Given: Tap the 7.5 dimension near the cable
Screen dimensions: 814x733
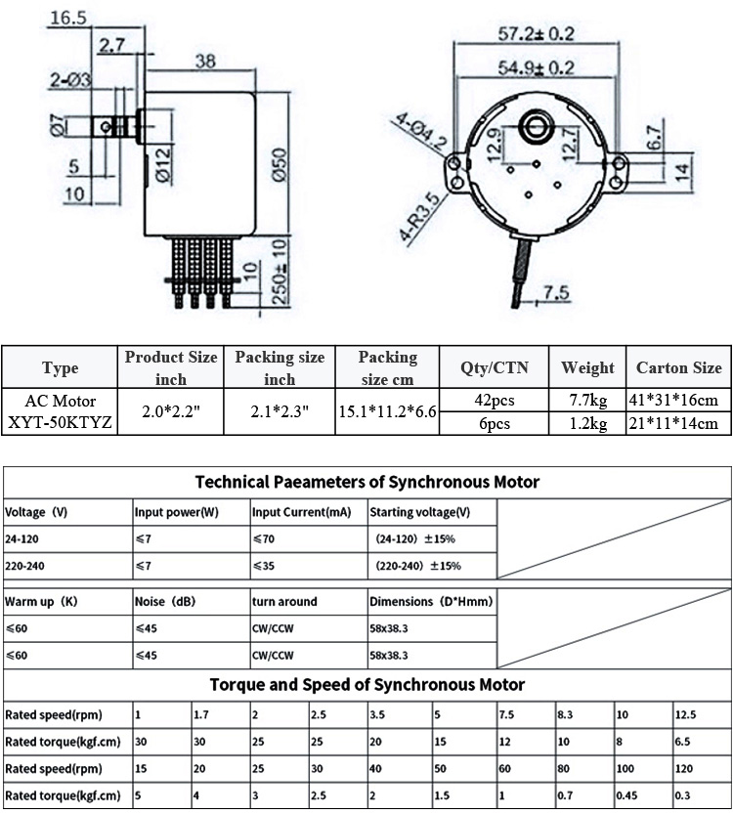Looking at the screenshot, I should pos(555,291).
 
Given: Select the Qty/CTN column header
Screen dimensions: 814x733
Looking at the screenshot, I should pos(494,367).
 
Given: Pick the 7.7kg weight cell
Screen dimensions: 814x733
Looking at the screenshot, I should pos(587,401).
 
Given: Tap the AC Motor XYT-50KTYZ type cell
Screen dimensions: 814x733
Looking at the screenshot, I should pos(61,411).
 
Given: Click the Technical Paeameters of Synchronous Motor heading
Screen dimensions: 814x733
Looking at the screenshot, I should pos(366,482).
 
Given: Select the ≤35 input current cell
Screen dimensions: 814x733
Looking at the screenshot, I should pos(264,566).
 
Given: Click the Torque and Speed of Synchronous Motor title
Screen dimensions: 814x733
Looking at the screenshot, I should pos(366,685).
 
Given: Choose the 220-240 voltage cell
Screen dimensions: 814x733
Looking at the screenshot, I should pos(25,566).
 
